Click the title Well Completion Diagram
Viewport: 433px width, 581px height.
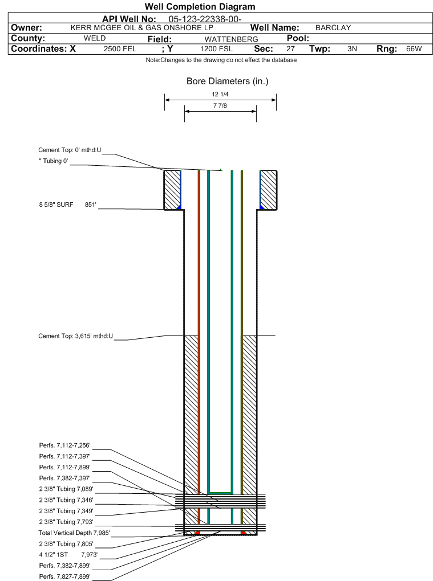[x=200, y=7]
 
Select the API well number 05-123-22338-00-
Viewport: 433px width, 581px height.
[x=205, y=19]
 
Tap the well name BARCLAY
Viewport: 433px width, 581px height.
[x=333, y=28]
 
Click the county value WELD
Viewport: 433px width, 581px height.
[x=95, y=38]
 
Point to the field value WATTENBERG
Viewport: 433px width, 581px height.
[x=231, y=39]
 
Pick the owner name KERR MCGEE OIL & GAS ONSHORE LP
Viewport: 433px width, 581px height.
[x=141, y=28]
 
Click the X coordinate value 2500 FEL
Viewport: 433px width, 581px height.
[x=120, y=49]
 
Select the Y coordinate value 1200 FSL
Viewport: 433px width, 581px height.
[x=216, y=49]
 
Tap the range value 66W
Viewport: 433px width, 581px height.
[x=414, y=49]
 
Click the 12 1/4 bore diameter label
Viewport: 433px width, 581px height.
[x=220, y=95]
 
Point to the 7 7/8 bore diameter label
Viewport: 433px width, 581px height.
[x=220, y=106]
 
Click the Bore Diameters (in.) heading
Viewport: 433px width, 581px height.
[x=228, y=81]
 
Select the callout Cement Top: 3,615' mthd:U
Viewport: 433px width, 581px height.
[x=76, y=336]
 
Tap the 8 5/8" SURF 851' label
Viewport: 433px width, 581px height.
[x=67, y=204]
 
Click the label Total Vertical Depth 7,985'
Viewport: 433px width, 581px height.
[x=74, y=533]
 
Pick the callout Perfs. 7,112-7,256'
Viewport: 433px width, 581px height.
[x=64, y=445]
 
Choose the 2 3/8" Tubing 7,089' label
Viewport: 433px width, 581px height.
[x=66, y=489]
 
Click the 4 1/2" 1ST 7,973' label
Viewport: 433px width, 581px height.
[x=68, y=555]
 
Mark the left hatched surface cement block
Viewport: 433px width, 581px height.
[x=172, y=190]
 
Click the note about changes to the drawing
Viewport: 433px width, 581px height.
[x=221, y=60]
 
